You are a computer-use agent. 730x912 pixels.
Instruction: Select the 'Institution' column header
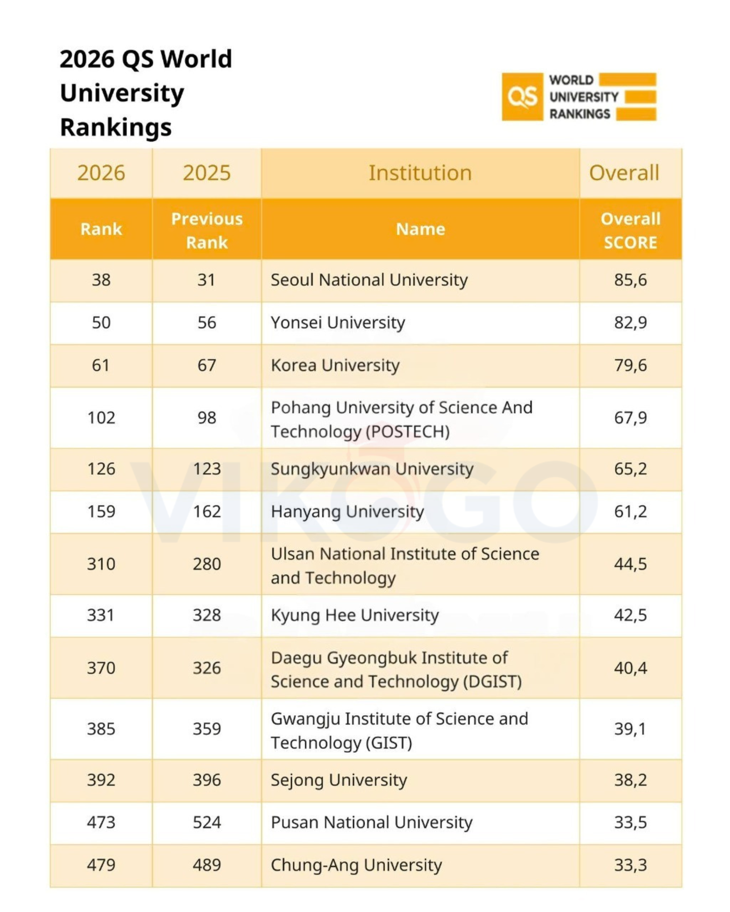(x=420, y=173)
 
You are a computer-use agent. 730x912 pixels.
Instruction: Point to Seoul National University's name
(x=369, y=280)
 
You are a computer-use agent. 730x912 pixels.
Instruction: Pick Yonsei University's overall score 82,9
(x=630, y=322)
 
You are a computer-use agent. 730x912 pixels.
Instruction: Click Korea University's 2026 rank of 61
(x=101, y=365)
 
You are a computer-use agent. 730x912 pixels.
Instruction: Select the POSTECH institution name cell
(x=401, y=419)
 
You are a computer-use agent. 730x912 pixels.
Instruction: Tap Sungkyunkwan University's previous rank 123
(x=207, y=469)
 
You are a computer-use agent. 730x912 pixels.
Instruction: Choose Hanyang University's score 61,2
(x=630, y=512)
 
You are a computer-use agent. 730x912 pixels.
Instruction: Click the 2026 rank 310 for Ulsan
(x=101, y=564)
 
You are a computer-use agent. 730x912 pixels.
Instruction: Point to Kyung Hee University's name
(x=355, y=615)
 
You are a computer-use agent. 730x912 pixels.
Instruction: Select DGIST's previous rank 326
(x=207, y=668)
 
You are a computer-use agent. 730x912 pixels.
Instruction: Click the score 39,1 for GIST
(x=630, y=729)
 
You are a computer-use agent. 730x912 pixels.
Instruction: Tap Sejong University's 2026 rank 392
(x=101, y=780)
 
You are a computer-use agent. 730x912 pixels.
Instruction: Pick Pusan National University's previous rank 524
(x=207, y=822)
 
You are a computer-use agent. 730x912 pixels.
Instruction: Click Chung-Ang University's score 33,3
(x=630, y=865)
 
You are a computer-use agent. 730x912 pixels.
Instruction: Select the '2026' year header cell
(x=101, y=173)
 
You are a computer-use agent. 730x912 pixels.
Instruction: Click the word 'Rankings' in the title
(x=116, y=127)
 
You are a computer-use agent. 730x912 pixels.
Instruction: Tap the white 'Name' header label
(x=420, y=229)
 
